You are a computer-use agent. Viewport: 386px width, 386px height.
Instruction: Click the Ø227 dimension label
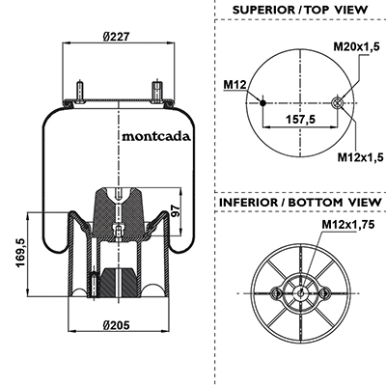coord(116,37)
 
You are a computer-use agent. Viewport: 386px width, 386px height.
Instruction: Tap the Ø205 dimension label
coord(117,325)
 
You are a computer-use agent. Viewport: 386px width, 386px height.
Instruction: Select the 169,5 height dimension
coord(21,254)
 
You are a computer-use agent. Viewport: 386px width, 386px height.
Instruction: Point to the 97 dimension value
coord(176,210)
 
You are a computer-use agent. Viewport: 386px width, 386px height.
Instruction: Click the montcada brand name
coord(156,136)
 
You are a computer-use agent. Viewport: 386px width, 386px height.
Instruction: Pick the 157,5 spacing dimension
coord(301,120)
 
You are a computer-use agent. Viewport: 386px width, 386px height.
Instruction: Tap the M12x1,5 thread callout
coord(361,157)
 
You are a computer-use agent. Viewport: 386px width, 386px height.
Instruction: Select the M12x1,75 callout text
coord(348,224)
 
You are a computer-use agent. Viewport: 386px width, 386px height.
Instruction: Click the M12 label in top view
coord(234,85)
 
